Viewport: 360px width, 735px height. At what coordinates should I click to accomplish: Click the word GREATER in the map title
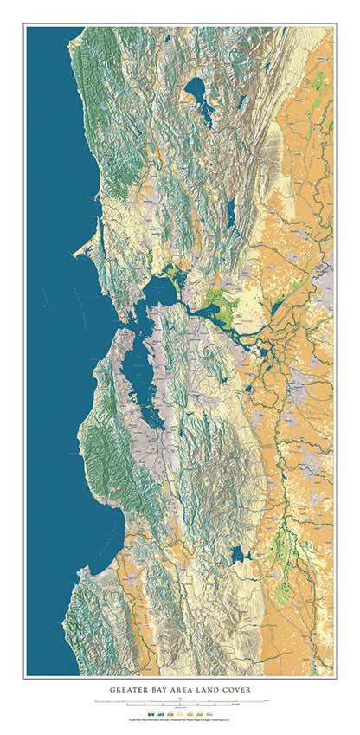point(131,690)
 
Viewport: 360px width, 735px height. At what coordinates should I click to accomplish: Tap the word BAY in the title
point(164,690)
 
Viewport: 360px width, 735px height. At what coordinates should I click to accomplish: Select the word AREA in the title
point(189,690)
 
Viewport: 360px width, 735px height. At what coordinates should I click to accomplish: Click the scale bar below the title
point(179,700)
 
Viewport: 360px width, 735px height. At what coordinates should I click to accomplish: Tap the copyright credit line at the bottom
point(179,719)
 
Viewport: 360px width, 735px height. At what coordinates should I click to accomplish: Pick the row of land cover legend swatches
point(179,711)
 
